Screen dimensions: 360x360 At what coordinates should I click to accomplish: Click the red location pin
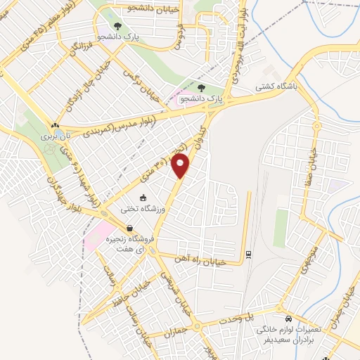click(182, 166)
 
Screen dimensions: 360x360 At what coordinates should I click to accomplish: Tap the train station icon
click(248, 255)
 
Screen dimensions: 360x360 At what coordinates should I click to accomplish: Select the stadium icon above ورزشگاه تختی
click(143, 198)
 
